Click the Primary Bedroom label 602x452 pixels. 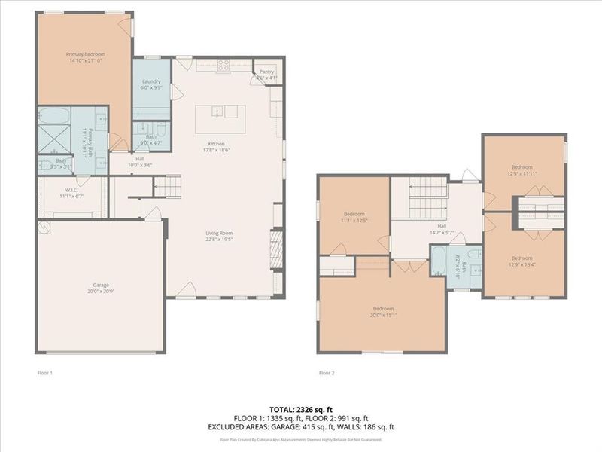coord(85,57)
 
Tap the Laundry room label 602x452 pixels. coord(151,83)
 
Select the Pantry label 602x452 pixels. coord(266,75)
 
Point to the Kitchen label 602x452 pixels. coord(217,147)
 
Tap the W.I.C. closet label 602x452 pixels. coord(73,193)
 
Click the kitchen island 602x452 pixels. coord(216,113)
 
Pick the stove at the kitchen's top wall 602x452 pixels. coord(223,65)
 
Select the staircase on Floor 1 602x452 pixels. coord(168,184)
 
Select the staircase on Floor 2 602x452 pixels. coord(426,197)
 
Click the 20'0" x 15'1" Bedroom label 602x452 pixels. coord(384,311)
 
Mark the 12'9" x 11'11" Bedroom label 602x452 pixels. coord(522,169)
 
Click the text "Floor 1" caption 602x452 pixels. coord(45,373)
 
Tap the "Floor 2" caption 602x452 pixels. coord(327,373)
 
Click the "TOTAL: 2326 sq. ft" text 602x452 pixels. coord(300,409)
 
